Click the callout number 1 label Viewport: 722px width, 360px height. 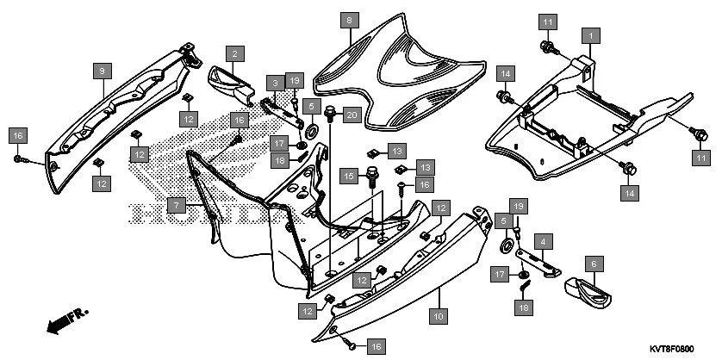[590, 35]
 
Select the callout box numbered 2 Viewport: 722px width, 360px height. [235, 53]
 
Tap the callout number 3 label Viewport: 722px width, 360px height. [275, 83]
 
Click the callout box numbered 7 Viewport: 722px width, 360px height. [176, 206]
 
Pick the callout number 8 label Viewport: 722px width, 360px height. [349, 18]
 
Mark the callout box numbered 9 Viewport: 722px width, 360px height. [102, 69]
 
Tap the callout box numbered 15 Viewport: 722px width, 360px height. [349, 176]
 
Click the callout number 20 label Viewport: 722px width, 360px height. [352, 115]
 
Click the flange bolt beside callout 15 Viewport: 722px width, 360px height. [373, 177]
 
